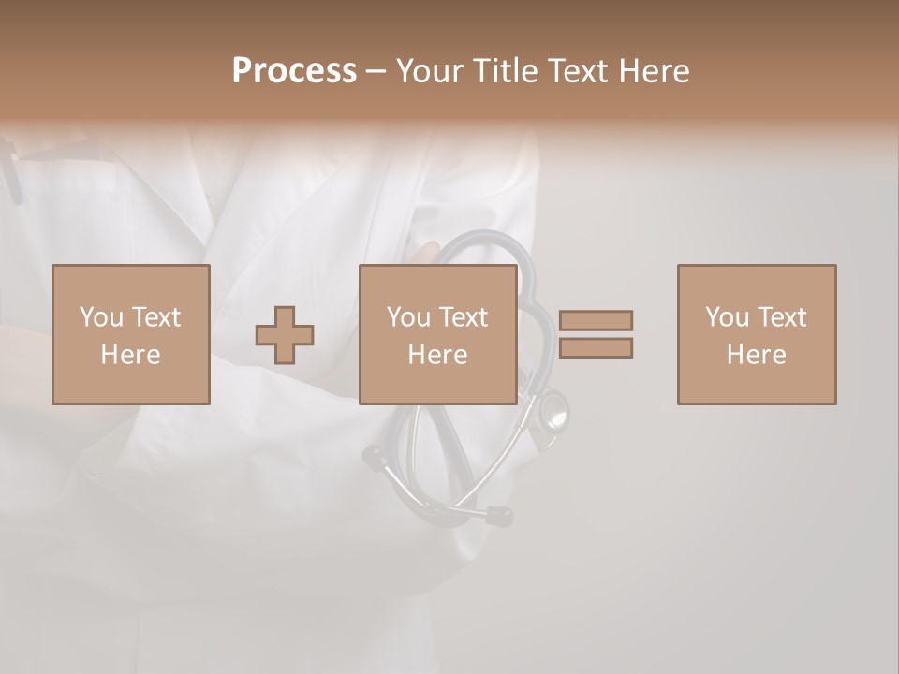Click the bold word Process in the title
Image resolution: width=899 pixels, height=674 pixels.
coord(294,71)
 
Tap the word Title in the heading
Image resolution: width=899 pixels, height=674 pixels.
coord(502,71)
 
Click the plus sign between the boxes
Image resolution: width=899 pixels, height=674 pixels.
coord(285,334)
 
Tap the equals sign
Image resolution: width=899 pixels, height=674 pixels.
coord(596,334)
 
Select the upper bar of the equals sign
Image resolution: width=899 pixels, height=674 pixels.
coord(596,320)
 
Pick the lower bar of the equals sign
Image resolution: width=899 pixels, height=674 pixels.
coord(596,348)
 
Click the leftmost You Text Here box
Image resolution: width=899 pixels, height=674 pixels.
coord(130,334)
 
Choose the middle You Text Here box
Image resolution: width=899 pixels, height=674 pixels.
coord(437,334)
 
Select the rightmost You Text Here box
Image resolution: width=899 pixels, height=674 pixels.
coord(756,334)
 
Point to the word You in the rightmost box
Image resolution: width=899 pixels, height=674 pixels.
coord(727,317)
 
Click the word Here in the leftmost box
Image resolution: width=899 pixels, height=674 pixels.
coord(130,355)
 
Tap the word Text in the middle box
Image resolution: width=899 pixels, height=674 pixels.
coord(463,317)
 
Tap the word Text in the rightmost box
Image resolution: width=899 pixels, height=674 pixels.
coord(781,317)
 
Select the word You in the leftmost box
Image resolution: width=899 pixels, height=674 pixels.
coord(101,317)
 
